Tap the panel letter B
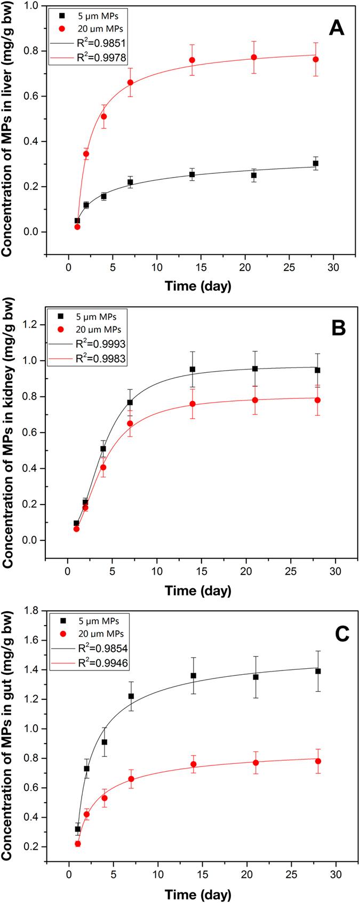(x=338, y=328)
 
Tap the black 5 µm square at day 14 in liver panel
(x=192, y=174)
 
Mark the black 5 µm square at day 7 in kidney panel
(x=130, y=402)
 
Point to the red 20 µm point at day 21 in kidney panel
(x=255, y=400)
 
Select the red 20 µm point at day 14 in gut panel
(x=193, y=764)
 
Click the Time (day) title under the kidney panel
(x=198, y=590)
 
